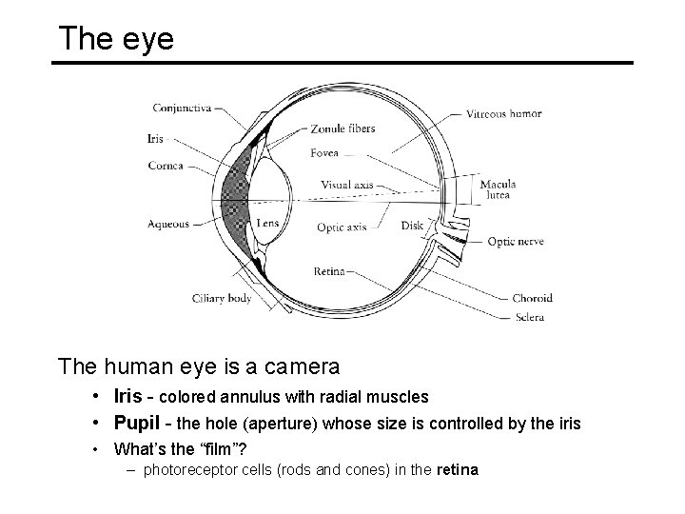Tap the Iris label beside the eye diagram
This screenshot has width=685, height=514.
coord(156,138)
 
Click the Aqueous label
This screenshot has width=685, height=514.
coord(168,225)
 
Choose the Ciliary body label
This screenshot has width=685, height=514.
coord(222,298)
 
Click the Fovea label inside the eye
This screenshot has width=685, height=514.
coord(324,153)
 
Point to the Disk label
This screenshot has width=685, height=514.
coord(412,226)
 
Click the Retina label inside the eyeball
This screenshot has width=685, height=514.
coord(329,271)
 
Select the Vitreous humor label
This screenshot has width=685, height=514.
coord(504,113)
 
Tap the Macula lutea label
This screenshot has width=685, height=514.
coord(498,188)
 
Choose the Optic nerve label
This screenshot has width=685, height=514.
coord(515,242)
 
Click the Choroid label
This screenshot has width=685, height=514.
coord(532,298)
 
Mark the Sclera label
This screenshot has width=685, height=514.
coord(528,317)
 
